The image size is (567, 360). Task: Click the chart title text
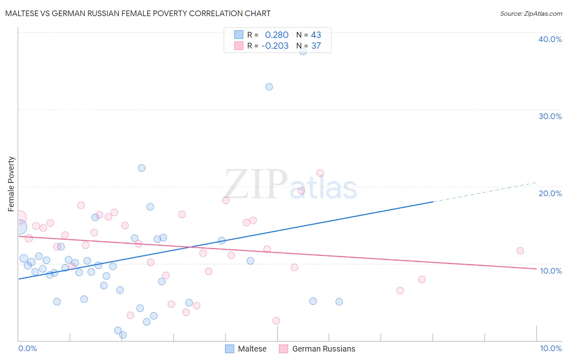138,13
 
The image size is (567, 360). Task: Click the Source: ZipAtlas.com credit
531,14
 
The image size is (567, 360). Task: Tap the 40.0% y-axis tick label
550,39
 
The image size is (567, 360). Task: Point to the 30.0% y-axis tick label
550,116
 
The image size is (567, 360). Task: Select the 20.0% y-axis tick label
550,193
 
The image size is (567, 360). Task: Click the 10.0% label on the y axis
550,271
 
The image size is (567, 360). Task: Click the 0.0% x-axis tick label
27,348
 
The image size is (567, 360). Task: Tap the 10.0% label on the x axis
550,348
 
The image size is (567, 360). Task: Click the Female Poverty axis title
11,184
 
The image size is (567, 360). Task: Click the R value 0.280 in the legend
277,35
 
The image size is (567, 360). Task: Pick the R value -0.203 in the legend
275,46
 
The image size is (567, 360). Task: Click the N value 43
316,35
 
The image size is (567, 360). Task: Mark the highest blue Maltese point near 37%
303,51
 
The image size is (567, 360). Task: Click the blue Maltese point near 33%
269,87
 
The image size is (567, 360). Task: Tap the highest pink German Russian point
320,173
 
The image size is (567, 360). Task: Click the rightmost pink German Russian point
520,251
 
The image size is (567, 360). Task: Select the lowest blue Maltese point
123,335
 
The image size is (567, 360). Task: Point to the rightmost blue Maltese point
339,301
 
